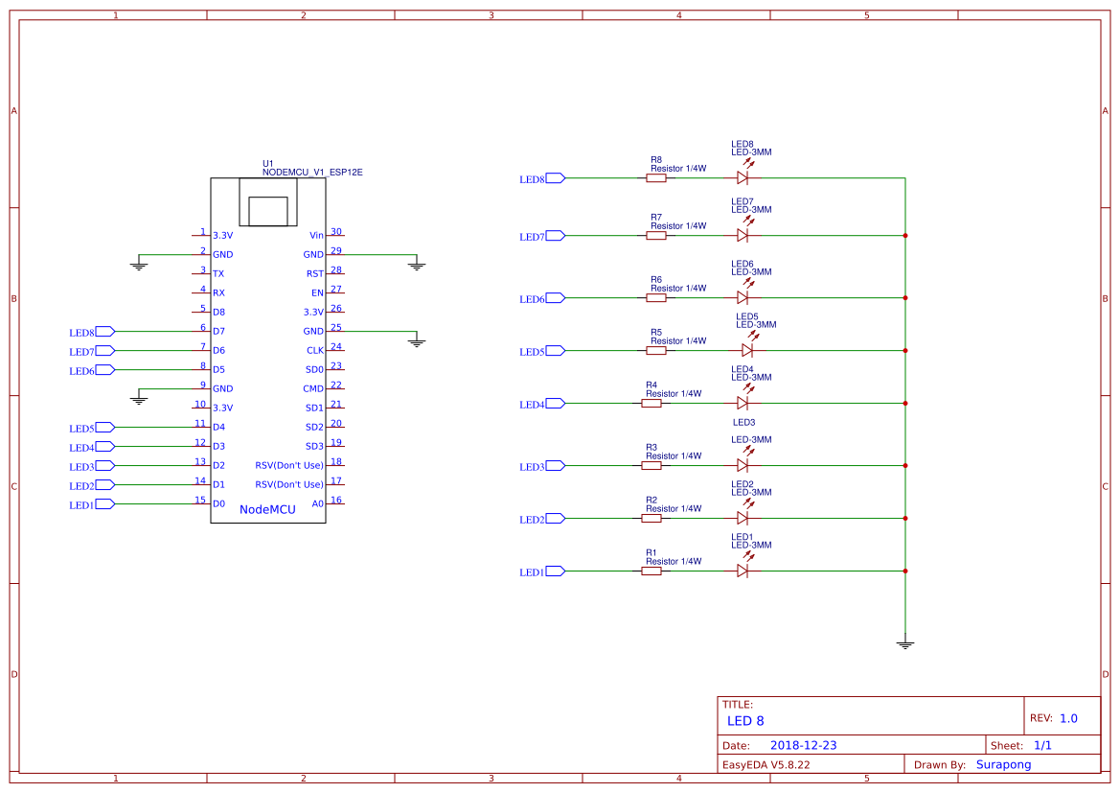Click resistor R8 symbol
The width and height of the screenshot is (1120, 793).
click(656, 177)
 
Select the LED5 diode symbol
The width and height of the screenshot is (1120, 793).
click(746, 350)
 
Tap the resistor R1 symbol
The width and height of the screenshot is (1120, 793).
click(651, 571)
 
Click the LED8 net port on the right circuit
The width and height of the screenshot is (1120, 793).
click(555, 177)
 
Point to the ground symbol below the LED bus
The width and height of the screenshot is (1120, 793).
click(904, 644)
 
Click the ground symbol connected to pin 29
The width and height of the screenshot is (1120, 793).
click(416, 265)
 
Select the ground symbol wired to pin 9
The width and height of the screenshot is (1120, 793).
click(140, 398)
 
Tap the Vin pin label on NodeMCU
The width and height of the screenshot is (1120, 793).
click(316, 235)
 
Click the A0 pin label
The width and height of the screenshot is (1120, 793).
click(317, 503)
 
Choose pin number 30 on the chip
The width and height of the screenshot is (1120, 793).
click(336, 231)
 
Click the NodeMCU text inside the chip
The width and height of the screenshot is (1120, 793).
click(267, 509)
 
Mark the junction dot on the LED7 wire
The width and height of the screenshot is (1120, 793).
click(904, 235)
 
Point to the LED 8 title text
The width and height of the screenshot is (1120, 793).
click(745, 720)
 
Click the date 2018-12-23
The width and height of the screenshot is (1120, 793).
click(803, 745)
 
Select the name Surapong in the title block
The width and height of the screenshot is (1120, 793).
click(1003, 764)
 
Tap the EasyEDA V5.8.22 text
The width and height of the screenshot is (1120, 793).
click(766, 764)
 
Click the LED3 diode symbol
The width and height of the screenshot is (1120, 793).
click(743, 465)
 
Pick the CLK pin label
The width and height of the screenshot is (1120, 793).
click(315, 350)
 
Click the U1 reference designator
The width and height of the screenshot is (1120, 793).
click(268, 163)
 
